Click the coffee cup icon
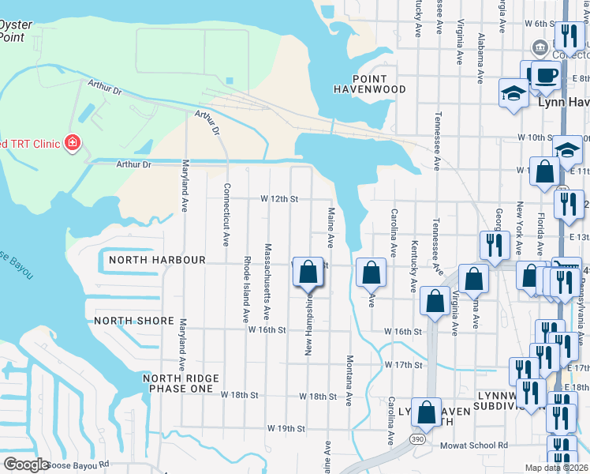pos(544,76)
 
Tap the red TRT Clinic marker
pos(73,143)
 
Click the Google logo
pos(26,465)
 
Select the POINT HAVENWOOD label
pos(369,85)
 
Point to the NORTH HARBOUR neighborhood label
pos(157,260)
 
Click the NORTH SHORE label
pos(133,321)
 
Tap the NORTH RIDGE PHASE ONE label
pos(178,383)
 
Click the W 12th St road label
pos(279,199)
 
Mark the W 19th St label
pos(286,428)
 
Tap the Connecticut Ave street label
pos(226,215)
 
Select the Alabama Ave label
pos(480,58)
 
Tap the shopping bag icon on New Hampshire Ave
pos(308,273)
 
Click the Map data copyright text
pos(557,468)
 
